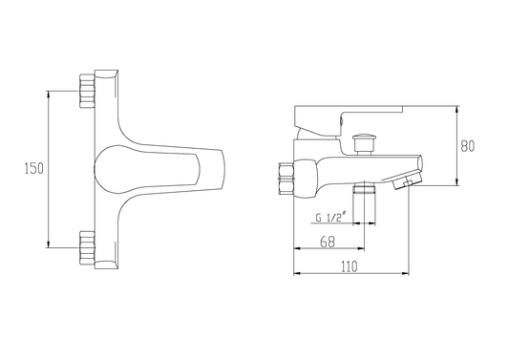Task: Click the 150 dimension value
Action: click(x=34, y=169)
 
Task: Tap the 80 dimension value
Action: click(x=467, y=146)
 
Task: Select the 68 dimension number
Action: click(x=328, y=242)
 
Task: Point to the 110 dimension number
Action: click(x=350, y=266)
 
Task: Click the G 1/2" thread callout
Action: click(x=331, y=217)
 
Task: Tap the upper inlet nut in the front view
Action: click(x=87, y=91)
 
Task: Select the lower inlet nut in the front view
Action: click(x=87, y=247)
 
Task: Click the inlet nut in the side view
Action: click(x=286, y=179)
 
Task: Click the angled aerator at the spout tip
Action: click(x=408, y=180)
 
